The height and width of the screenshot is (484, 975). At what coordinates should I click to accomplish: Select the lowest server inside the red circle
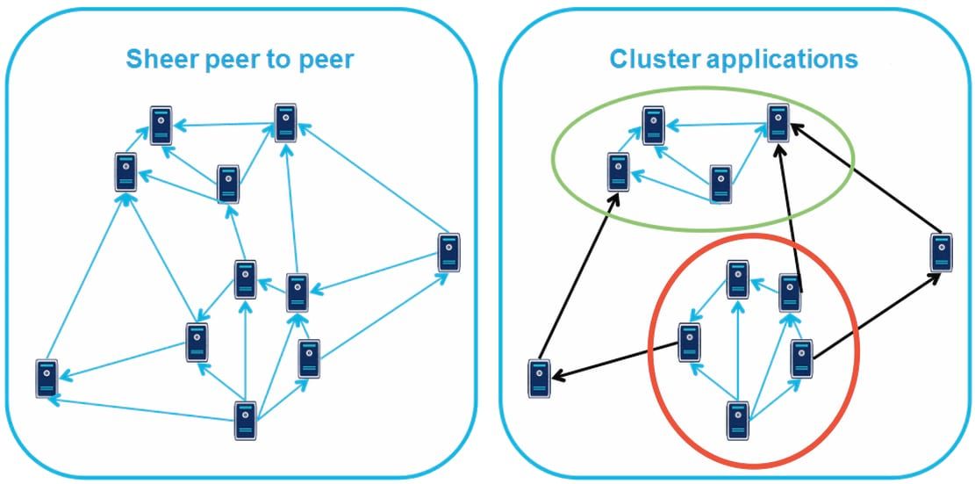[x=739, y=420]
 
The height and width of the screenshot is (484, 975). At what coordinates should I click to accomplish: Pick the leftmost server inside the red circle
[x=690, y=343]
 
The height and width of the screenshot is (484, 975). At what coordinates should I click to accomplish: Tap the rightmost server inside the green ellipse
[x=777, y=123]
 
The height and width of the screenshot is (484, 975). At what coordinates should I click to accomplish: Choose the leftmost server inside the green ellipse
[x=618, y=171]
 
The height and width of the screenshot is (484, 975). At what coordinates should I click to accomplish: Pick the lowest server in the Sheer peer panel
[x=246, y=421]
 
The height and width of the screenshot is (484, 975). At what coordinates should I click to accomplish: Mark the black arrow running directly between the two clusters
[x=786, y=211]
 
